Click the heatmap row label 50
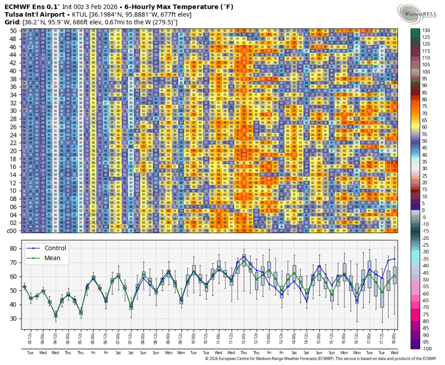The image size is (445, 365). [x=13, y=31]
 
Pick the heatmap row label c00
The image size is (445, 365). [x=12, y=231]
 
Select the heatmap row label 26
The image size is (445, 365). [x=13, y=127]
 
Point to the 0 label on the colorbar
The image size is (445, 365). [x=424, y=210]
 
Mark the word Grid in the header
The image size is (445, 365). [x=12, y=22]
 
